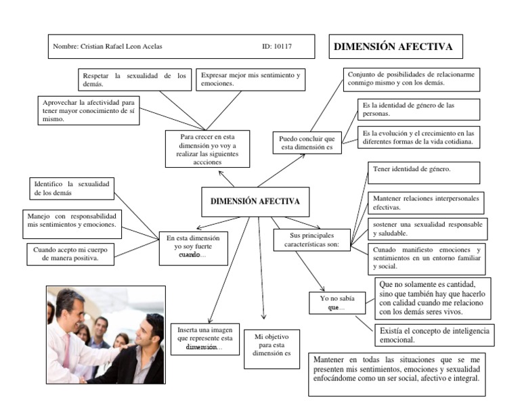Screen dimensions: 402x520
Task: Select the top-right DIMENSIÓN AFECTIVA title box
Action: coord(393,47)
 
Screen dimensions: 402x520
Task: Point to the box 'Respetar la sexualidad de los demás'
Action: coord(133,80)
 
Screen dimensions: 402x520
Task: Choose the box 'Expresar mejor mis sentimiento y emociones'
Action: coord(251,79)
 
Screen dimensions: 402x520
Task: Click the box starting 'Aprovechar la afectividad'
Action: coord(88,110)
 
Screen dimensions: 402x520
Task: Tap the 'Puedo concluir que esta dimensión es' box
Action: coord(307,143)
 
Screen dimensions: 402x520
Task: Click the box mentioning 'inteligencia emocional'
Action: coord(433,336)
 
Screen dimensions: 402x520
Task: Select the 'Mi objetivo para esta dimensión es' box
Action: coord(272,344)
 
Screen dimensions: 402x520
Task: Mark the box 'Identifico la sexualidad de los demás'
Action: coord(73,188)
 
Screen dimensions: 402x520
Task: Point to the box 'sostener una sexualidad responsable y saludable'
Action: coord(424,228)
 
